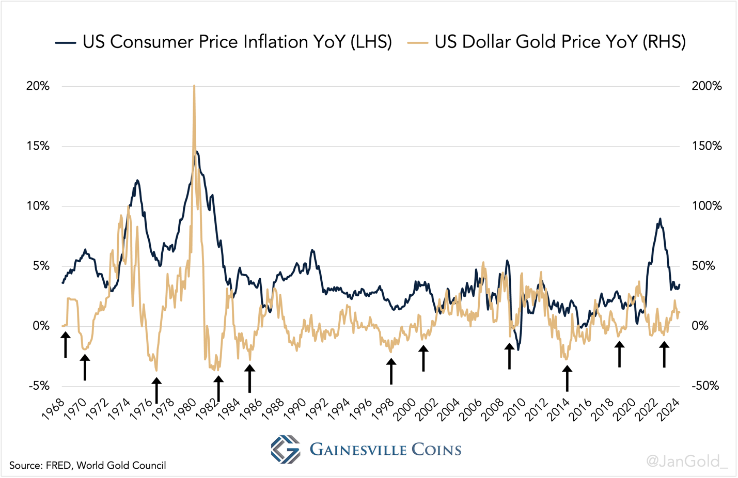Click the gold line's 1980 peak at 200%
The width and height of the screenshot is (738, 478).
[x=194, y=87]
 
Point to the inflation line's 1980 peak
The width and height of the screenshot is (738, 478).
[x=196, y=152]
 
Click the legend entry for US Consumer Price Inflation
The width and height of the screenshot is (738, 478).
[x=224, y=42]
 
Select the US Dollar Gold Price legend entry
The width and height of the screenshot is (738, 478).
[x=547, y=42]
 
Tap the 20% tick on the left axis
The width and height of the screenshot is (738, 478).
[x=38, y=86]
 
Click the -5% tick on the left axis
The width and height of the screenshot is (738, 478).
[x=38, y=386]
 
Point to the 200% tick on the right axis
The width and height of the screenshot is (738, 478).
[x=706, y=86]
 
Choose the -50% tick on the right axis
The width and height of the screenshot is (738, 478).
[x=705, y=386]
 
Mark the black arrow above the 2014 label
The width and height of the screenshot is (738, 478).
[x=567, y=378]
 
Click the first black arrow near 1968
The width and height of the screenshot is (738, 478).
[x=66, y=345]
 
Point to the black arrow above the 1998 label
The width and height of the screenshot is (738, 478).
[x=391, y=372]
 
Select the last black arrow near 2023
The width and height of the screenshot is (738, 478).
[x=664, y=355]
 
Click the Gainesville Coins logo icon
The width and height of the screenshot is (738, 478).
[x=286, y=449]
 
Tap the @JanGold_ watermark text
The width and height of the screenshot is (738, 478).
[x=686, y=460]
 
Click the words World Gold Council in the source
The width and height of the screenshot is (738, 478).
[x=121, y=466]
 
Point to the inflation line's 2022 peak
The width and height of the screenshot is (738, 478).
[x=660, y=219]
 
